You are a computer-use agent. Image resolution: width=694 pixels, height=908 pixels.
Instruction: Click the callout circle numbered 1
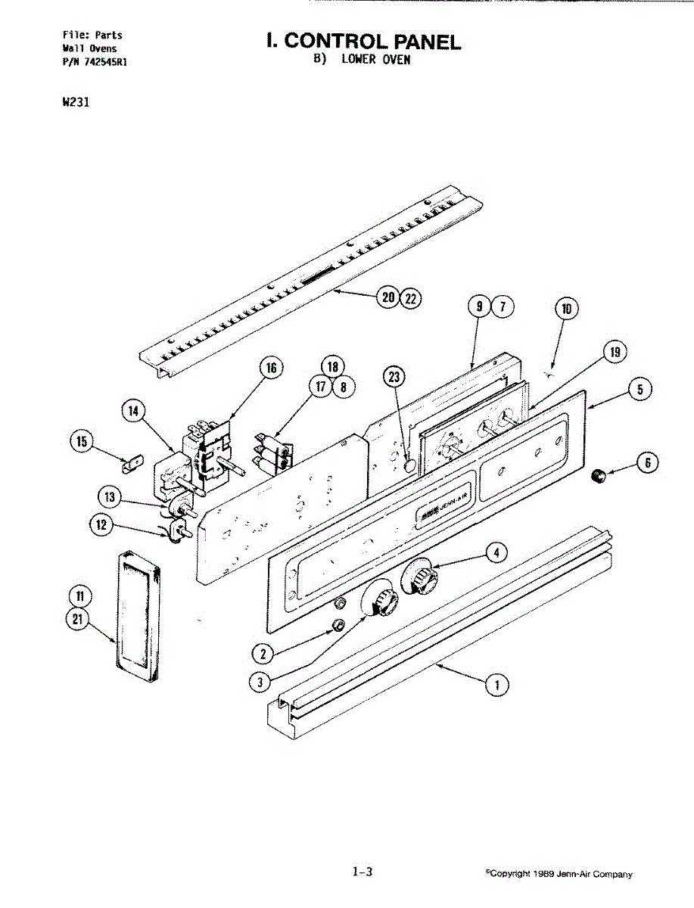496,686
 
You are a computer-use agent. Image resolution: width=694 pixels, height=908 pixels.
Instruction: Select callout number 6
647,463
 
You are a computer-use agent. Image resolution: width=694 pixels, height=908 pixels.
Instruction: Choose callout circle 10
566,308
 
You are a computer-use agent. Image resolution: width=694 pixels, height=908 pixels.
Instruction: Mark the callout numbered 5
640,390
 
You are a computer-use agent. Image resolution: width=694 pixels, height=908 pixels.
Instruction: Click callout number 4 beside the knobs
496,553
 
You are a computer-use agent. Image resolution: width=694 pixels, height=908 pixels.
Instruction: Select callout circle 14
134,412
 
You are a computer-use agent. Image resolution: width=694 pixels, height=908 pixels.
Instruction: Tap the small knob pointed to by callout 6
599,477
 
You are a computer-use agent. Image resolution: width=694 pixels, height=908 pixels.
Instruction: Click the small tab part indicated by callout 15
132,460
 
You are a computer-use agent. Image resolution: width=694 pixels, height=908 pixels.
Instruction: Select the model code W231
76,103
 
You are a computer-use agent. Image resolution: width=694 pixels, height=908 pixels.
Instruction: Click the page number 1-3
363,872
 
